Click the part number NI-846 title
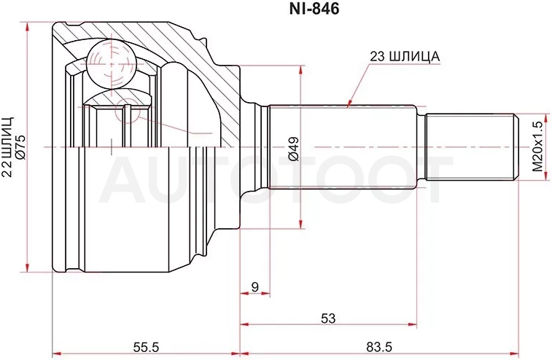(x=314, y=9)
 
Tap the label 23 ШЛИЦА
(x=405, y=57)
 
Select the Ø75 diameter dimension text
(x=20, y=147)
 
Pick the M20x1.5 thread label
(x=537, y=146)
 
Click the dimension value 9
(x=255, y=286)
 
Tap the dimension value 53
(x=328, y=318)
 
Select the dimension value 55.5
(x=146, y=347)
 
